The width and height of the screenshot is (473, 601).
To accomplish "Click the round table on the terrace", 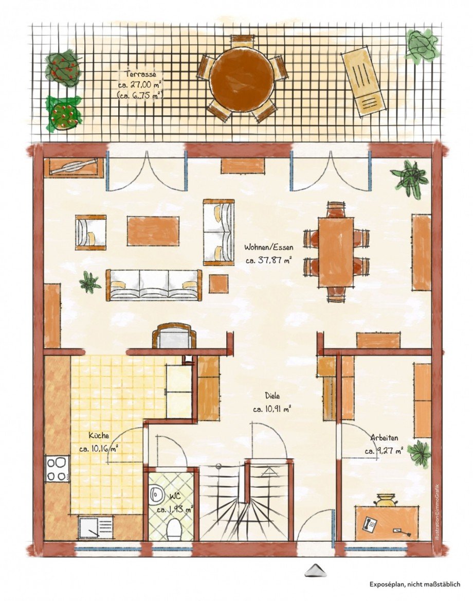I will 241,79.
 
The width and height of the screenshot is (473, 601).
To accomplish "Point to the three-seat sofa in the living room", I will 154,285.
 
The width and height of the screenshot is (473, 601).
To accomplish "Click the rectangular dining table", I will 336,252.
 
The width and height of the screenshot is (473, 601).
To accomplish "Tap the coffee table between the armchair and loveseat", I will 153,231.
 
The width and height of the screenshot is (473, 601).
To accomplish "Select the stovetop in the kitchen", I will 58,468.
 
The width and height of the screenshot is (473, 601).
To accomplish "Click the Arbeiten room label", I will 385,437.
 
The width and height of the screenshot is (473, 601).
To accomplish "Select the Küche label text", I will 99,435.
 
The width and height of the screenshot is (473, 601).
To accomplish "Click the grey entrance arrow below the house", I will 316,570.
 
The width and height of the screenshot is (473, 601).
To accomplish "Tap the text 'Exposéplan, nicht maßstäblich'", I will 414,584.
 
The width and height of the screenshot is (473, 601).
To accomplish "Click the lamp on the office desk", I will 386,500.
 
